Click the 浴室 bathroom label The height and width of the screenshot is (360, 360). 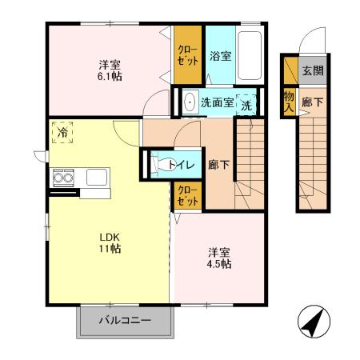tap(220, 57)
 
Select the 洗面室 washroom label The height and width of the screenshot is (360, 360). tap(216, 102)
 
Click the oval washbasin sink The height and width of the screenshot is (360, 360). tap(189, 102)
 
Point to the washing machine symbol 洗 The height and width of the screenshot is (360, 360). tap(247, 103)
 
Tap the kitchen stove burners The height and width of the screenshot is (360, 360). tap(63, 176)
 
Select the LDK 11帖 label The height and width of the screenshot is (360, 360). tap(110, 242)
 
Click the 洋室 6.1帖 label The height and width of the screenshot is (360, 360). tap(110, 70)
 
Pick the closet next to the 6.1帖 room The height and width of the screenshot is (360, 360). tap(189, 54)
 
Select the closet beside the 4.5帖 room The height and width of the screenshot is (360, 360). tap(189, 194)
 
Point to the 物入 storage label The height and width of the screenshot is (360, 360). tap(289, 101)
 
